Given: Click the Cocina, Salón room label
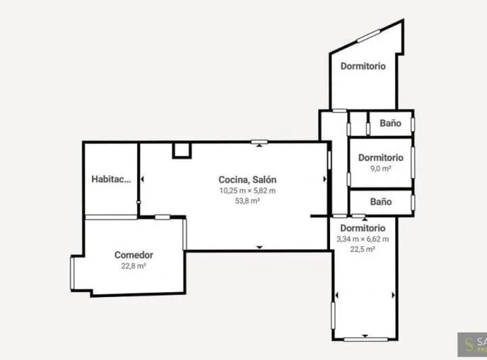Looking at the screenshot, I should [x=248, y=180].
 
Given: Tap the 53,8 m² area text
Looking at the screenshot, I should [x=248, y=200].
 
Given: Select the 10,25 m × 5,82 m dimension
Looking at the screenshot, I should [x=248, y=190].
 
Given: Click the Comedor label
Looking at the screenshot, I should [x=133, y=255].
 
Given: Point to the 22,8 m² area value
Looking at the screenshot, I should [x=133, y=266].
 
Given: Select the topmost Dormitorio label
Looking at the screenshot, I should [x=363, y=66].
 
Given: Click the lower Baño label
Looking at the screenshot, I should [x=381, y=202].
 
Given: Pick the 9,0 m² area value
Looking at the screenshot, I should [x=381, y=168].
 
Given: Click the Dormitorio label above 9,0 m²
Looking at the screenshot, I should [x=381, y=158].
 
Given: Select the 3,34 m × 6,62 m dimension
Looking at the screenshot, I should [x=363, y=238].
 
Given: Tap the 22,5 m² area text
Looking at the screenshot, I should [x=363, y=248].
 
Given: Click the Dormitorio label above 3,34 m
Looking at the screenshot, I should [x=363, y=228].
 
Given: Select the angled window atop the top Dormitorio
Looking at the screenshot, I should [x=369, y=35].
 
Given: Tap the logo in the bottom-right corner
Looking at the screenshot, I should [x=471, y=343].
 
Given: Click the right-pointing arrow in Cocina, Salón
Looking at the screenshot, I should [x=325, y=179].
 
